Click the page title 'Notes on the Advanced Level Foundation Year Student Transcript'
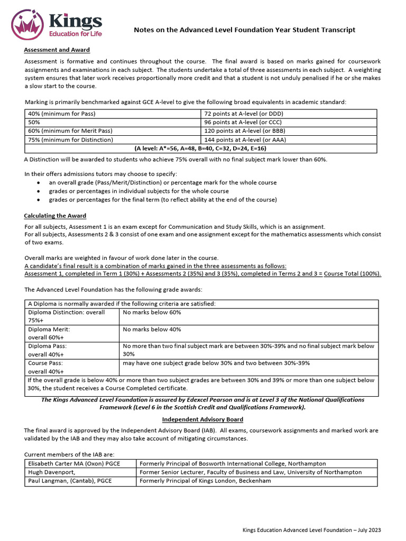point(244,30)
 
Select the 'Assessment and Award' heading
point(57,50)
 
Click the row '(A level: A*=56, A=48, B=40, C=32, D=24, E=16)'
point(201,148)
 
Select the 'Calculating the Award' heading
point(55,216)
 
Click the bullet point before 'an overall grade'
point(40,183)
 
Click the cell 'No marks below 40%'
point(152,329)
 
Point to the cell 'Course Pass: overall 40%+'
point(46,367)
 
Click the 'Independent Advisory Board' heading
point(202,419)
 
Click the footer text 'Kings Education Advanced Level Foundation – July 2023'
point(311,530)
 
